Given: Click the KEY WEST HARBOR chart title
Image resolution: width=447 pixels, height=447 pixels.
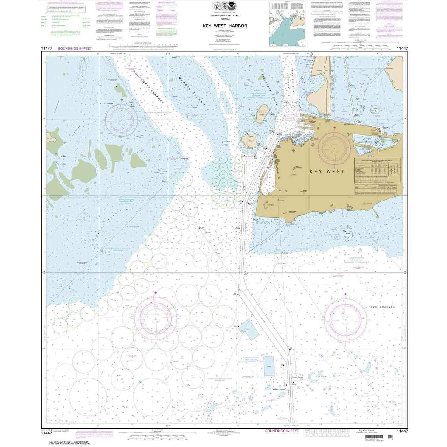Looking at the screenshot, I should (x=225, y=26).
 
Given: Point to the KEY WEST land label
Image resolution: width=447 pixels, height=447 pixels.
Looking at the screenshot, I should (x=327, y=172).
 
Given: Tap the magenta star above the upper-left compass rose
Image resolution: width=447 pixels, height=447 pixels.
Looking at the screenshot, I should (x=121, y=99).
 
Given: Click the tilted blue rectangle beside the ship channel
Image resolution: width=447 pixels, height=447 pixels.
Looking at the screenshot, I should (x=249, y=329).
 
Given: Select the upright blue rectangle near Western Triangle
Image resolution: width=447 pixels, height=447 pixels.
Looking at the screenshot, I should (x=269, y=366).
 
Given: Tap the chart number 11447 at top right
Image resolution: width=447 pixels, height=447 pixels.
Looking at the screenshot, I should (x=402, y=48).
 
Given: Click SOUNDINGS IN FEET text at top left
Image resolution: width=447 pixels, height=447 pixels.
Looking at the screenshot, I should (x=74, y=48).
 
